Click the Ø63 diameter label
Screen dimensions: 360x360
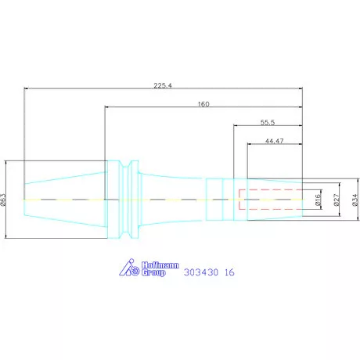point(5,200)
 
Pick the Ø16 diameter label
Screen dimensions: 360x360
point(319,201)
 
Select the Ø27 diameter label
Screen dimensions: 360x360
point(337,201)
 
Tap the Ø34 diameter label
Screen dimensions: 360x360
point(355,201)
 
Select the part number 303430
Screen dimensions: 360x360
point(200,273)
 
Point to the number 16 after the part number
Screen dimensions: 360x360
point(229,273)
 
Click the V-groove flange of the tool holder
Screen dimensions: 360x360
point(125,200)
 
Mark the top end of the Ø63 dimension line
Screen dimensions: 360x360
point(5,161)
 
